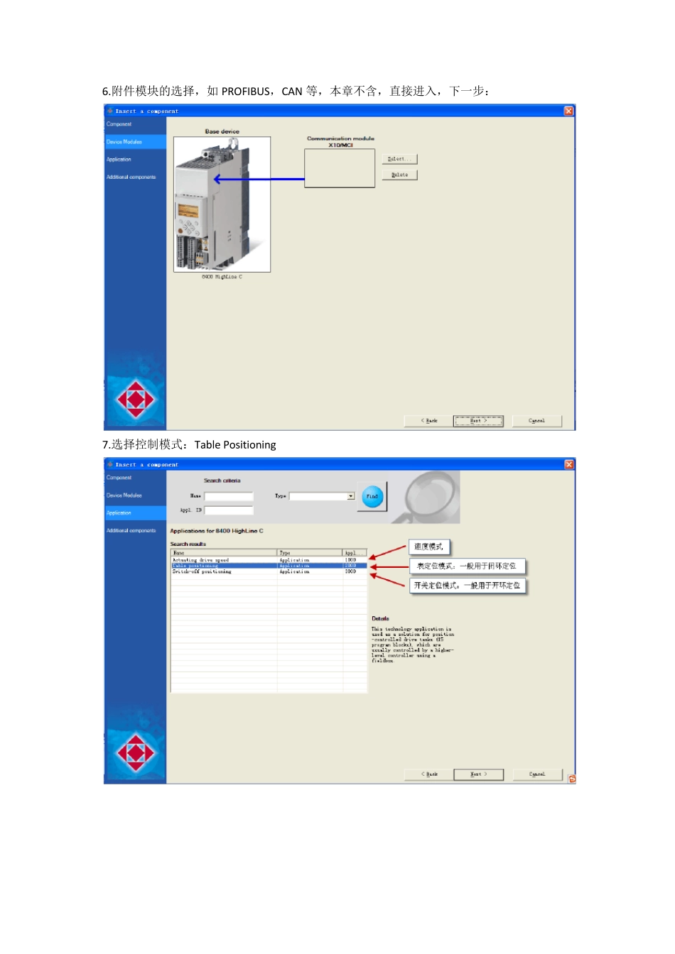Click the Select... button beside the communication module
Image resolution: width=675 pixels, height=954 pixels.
pos(399,159)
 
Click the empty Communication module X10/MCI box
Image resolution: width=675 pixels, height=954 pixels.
pos(340,168)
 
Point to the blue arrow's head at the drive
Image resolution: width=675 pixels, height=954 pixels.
pos(217,179)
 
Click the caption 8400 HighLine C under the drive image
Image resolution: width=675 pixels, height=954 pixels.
pos(222,277)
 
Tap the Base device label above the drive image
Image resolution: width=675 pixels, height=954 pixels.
pos(222,131)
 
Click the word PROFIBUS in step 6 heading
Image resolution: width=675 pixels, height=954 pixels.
pos(246,92)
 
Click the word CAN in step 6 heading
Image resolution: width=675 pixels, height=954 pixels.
pos(292,92)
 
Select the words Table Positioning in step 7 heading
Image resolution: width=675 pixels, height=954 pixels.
pos(235,445)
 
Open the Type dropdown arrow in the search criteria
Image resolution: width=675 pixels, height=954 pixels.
pos(350,496)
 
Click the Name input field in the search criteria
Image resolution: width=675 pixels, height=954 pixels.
pos(229,496)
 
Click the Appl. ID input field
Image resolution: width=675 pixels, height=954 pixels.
pos(229,510)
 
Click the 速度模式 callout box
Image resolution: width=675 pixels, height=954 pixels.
pos(429,547)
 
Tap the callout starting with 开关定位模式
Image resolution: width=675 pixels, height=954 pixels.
pos(468,586)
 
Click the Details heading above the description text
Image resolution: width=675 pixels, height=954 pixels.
pos(380,619)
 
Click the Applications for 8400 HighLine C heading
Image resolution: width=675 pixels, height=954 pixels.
pos(217,531)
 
